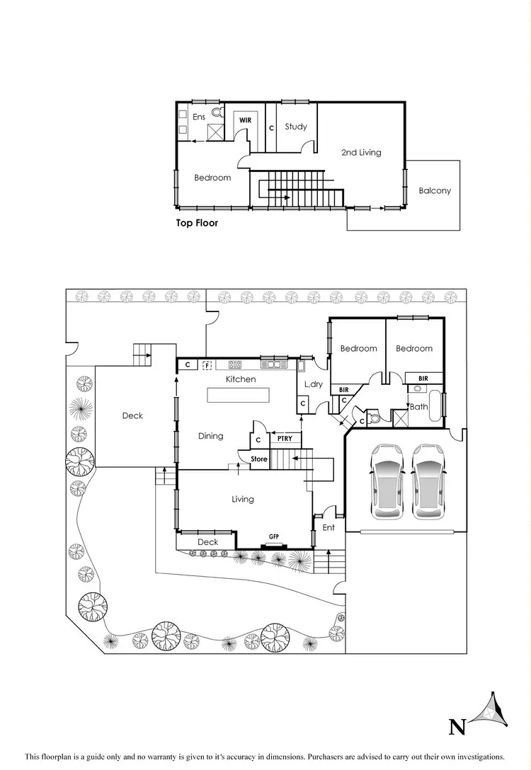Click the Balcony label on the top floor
434,190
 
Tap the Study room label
296,127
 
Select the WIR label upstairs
245,120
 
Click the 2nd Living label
361,152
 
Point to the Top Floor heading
197,223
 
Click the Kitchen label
241,379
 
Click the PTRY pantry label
284,439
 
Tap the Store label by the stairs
259,459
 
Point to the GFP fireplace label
273,538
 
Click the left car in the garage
387,480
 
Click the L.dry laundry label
314,384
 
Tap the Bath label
418,407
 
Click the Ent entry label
329,527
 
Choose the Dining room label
210,436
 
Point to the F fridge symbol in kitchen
207,365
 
